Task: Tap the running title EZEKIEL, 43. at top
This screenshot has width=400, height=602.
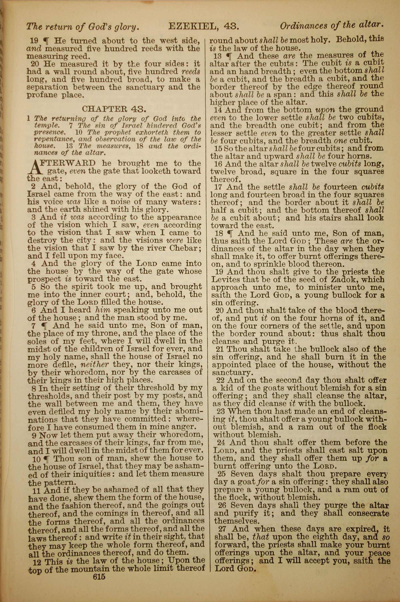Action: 204,26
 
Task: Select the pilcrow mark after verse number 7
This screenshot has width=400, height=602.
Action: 46,326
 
